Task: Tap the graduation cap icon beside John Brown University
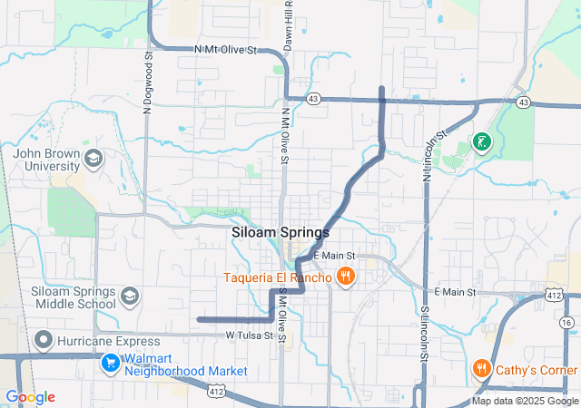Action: click(93, 160)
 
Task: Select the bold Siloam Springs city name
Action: click(281, 232)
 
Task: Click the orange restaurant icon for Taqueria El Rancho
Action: click(344, 277)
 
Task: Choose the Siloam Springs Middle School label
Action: click(73, 298)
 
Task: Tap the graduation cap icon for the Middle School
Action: click(130, 296)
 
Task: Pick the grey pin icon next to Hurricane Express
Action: click(43, 340)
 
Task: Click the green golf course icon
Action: click(481, 141)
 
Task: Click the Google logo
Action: click(30, 397)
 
